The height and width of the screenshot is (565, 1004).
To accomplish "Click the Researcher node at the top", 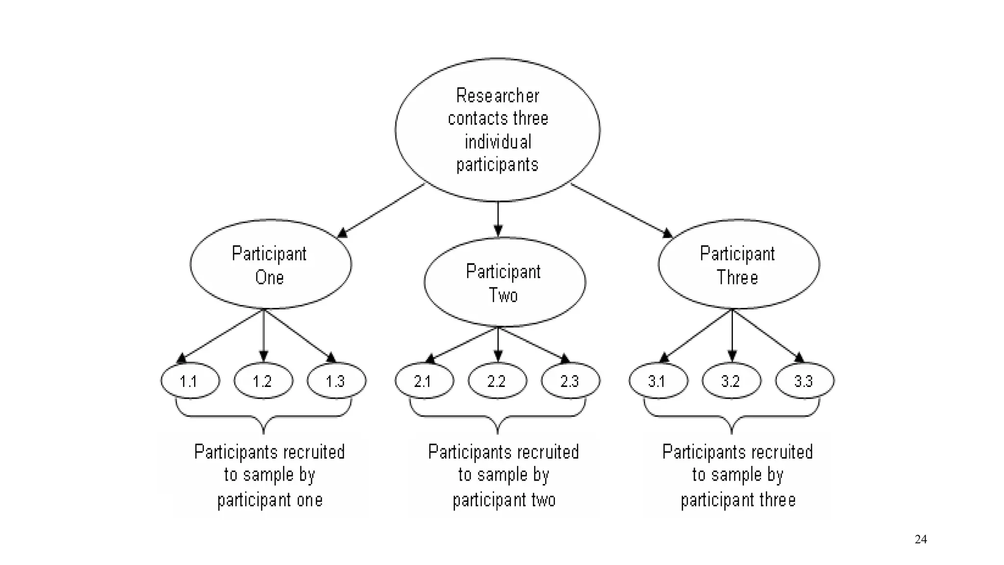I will [497, 130].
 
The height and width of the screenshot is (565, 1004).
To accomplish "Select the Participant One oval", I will [270, 264].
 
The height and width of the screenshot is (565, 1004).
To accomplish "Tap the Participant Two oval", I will [504, 282].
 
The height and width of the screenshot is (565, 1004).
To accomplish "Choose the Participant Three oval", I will [738, 264].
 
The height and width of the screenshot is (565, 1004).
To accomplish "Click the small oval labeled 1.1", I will [190, 381].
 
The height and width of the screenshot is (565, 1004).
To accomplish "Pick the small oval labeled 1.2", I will [263, 381].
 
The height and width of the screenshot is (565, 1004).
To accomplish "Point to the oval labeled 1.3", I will [336, 381].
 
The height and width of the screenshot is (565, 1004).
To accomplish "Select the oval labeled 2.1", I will [424, 381].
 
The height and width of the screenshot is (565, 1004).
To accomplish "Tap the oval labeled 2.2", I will [497, 381].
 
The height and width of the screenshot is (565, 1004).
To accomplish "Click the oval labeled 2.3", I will [571, 381].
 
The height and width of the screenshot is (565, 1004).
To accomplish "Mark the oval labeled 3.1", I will [658, 381].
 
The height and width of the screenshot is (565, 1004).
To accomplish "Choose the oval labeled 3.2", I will [731, 381].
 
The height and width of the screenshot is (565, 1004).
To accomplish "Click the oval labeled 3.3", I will [804, 381].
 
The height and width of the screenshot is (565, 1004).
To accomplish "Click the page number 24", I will [921, 539].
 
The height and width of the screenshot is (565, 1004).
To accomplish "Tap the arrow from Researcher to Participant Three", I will [621, 210].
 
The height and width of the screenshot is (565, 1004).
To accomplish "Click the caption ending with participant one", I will [270, 475].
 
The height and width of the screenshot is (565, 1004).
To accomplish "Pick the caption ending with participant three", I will [738, 475].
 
